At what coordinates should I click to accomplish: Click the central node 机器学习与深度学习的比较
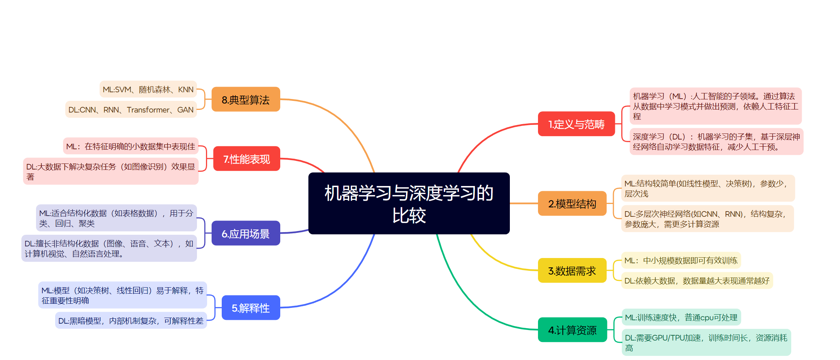tap(409, 203)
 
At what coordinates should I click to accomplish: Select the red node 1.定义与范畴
tap(576, 124)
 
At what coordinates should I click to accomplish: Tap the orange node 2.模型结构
tap(572, 204)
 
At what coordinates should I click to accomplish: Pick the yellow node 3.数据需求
tap(572, 270)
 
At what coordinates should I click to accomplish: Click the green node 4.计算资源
tap(572, 330)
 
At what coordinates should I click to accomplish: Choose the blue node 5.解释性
tap(251, 308)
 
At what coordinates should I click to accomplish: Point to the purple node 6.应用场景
tap(246, 233)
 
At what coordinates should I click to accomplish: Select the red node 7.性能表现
tap(246, 159)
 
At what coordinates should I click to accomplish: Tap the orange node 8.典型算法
tap(246, 99)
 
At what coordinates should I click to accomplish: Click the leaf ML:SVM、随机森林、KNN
tap(148, 89)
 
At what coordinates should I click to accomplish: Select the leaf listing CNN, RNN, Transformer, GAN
tap(131, 109)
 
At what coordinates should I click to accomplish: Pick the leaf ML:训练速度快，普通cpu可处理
tap(681, 317)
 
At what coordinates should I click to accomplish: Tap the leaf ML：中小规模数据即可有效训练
tap(681, 260)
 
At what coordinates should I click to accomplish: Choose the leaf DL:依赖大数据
tap(697, 280)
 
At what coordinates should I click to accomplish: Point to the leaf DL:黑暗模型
tap(131, 321)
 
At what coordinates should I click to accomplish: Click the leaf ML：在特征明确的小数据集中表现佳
tap(131, 146)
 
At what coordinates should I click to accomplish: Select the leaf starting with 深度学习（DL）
tap(716, 141)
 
